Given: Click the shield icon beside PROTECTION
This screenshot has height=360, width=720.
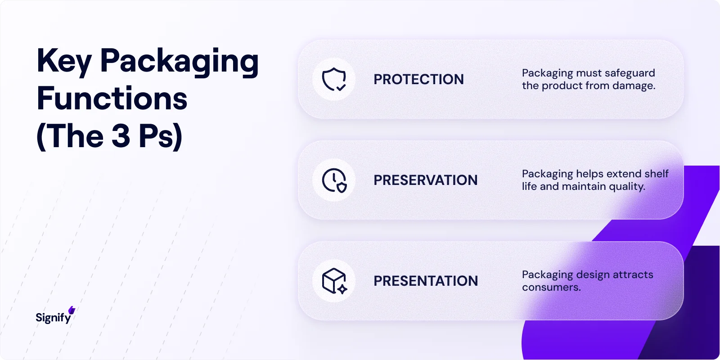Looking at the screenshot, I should pos(334,79).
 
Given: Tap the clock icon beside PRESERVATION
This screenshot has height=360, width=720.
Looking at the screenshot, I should pos(334,180).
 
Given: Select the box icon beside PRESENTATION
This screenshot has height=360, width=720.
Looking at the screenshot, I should pos(334,281).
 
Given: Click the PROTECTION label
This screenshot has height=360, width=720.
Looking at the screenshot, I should pos(418,79).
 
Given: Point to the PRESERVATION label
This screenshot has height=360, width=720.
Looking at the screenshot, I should pos(425,180).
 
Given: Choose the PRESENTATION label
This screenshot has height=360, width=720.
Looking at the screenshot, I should pos(426,281).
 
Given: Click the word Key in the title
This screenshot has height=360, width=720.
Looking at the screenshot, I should pos(64,61).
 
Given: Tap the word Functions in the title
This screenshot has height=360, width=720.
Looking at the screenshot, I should pos(112,99).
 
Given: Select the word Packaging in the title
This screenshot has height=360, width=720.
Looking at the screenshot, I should pos(179,61).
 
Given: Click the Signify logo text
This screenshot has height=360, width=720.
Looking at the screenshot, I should pos(53,318).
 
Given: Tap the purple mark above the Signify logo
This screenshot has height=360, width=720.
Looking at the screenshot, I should pos(72,310).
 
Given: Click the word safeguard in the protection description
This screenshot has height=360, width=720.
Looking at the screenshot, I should pos(630,73).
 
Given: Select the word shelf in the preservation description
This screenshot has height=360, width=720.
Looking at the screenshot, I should pos(657,174).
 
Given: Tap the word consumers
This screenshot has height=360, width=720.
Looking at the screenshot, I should pos(551,287).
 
